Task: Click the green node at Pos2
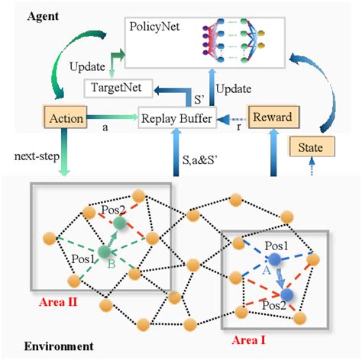[x=120, y=223]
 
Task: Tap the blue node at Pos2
[x=286, y=294]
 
